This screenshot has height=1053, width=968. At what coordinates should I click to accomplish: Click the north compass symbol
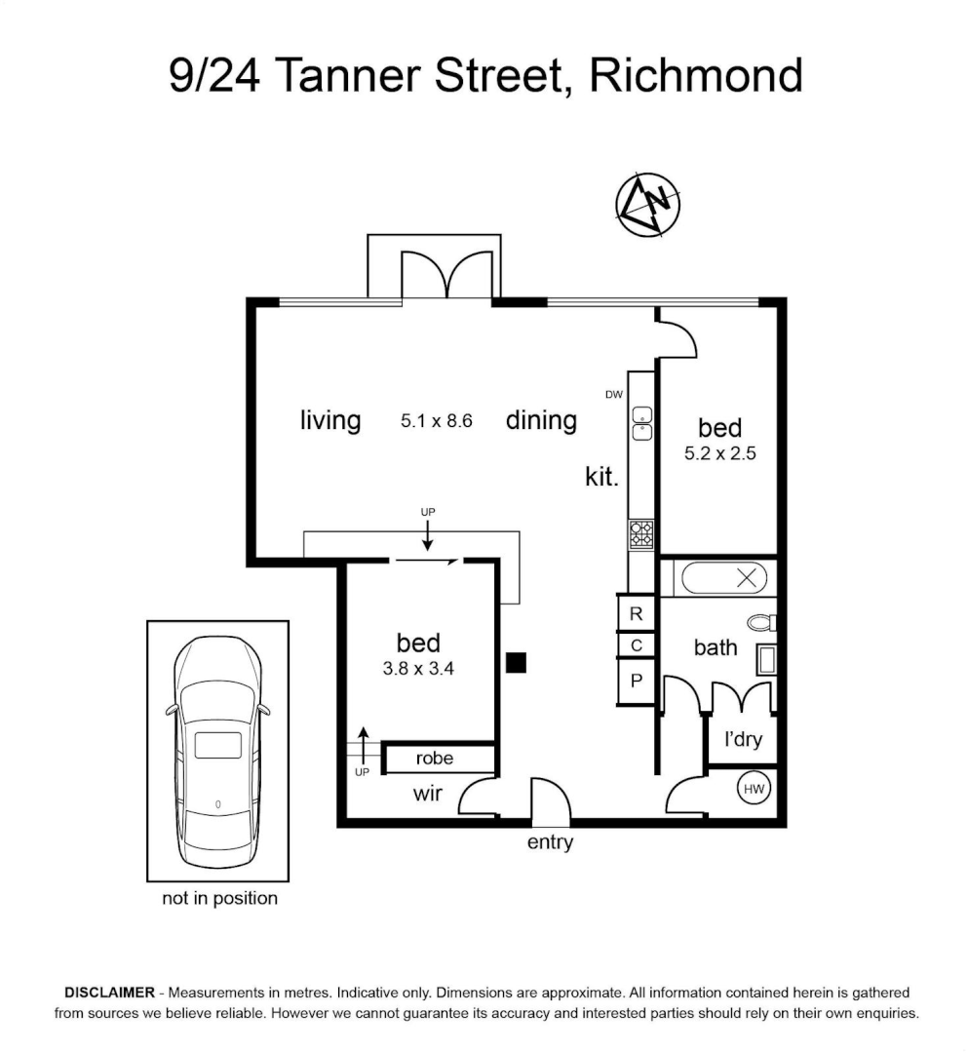pyautogui.click(x=648, y=204)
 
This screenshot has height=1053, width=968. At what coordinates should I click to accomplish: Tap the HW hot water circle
pyautogui.click(x=754, y=789)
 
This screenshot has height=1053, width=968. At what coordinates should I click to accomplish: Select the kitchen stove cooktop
pyautogui.click(x=641, y=534)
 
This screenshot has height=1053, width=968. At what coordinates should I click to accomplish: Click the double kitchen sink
pyautogui.click(x=641, y=423)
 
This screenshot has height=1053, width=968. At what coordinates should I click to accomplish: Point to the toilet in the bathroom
pyautogui.click(x=762, y=622)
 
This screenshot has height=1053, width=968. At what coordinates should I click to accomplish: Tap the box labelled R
pyautogui.click(x=636, y=613)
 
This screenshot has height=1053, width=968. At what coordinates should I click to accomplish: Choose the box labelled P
pyautogui.click(x=636, y=681)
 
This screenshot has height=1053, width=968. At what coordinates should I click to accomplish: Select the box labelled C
pyautogui.click(x=636, y=645)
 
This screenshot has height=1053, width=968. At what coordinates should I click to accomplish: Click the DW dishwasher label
pyautogui.click(x=614, y=395)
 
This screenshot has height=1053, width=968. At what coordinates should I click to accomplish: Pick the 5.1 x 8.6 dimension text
pyautogui.click(x=437, y=421)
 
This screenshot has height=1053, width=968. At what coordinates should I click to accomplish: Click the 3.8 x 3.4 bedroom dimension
pyautogui.click(x=418, y=668)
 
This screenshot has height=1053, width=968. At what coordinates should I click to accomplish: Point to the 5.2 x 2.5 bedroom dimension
pyautogui.click(x=720, y=453)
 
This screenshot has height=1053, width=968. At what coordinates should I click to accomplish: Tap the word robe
pyautogui.click(x=435, y=759)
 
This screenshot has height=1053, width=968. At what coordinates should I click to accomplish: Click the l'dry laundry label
pyautogui.click(x=743, y=739)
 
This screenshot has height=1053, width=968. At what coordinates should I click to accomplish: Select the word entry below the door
pyautogui.click(x=551, y=842)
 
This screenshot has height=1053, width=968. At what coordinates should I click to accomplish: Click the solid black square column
pyautogui.click(x=516, y=663)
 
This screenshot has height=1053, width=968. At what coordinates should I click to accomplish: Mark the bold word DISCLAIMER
pyautogui.click(x=109, y=993)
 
